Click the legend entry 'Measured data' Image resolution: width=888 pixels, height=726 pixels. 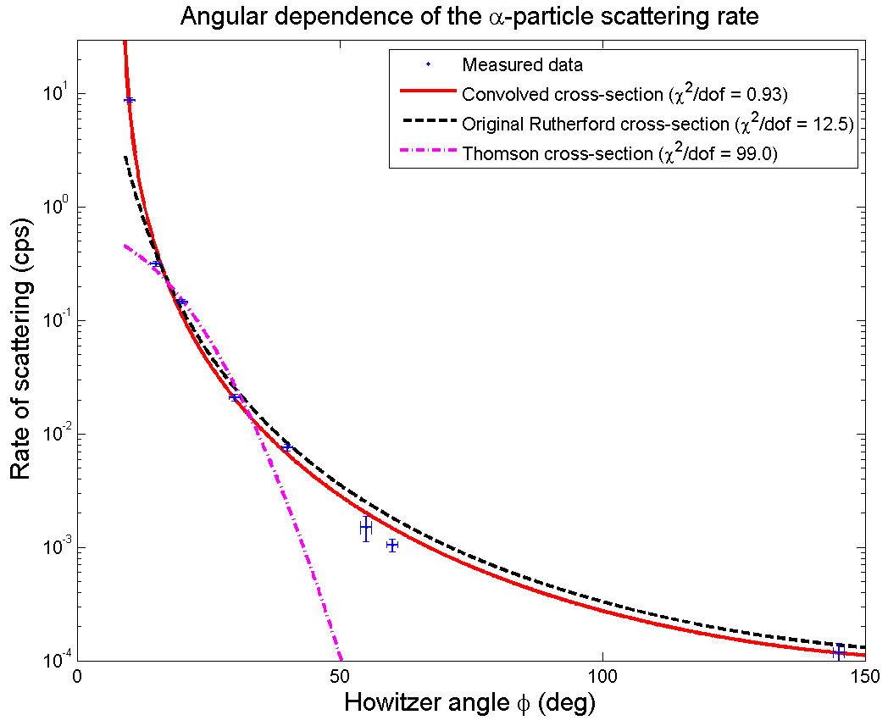522,64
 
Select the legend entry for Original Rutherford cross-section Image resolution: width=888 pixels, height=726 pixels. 657,124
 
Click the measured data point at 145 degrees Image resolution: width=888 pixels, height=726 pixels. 839,652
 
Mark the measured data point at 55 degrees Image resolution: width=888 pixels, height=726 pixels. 366,527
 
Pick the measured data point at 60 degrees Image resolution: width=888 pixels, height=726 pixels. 392,545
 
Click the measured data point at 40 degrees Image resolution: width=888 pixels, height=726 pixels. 287,446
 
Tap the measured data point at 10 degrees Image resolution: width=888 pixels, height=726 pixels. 130,100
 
